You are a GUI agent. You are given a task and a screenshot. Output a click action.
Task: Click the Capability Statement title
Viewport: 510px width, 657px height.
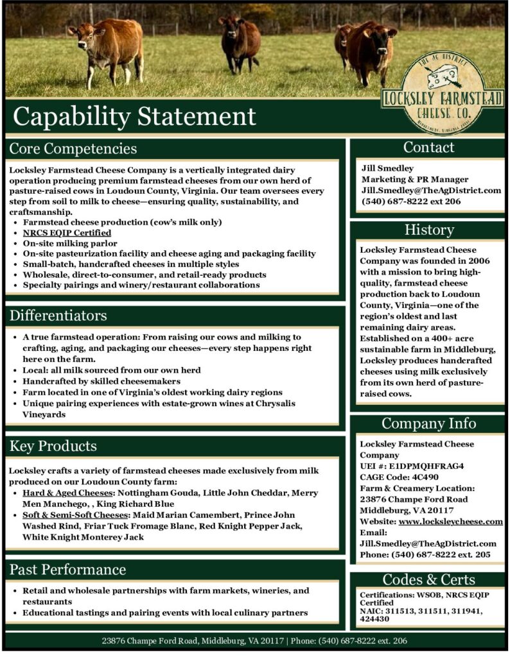click(134, 116)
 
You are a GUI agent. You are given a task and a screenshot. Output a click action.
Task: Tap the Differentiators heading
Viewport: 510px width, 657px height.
click(58, 316)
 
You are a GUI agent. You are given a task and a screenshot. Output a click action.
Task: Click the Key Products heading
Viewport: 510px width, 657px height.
click(53, 446)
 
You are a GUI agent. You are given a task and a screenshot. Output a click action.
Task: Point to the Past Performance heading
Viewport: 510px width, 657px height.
click(67, 570)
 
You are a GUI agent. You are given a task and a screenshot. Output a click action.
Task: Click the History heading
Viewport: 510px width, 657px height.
click(429, 230)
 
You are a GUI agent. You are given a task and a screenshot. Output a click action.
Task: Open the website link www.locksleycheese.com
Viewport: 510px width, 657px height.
click(450, 521)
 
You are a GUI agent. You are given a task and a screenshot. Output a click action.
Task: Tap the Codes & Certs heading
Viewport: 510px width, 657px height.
click(429, 579)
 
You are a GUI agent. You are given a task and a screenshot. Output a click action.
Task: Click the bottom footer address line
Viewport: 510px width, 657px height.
click(255, 641)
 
